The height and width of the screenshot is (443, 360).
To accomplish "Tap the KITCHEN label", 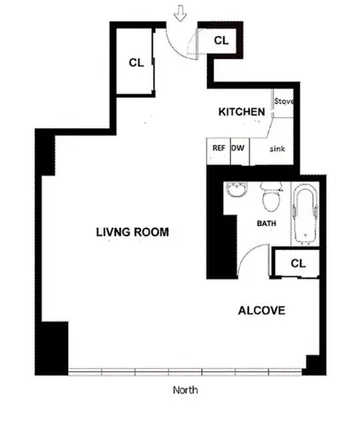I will pyautogui.click(x=242, y=112).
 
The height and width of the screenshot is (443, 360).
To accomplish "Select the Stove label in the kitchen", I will pyautogui.click(x=283, y=102).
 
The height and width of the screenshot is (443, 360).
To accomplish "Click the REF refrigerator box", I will pyautogui.click(x=219, y=148).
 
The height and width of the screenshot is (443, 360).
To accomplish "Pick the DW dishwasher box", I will pyautogui.click(x=237, y=148).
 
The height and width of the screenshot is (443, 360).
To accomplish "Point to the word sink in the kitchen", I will pyautogui.click(x=276, y=149).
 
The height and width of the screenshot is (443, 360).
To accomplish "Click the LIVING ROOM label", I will pyautogui.click(x=132, y=233).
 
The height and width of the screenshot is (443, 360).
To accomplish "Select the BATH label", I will pyautogui.click(x=267, y=223).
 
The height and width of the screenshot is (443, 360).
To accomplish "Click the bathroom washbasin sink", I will pyautogui.click(x=237, y=193).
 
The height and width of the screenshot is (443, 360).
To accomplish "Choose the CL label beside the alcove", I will pyautogui.click(x=297, y=263).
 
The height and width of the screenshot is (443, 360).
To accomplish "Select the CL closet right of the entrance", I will pyautogui.click(x=222, y=41).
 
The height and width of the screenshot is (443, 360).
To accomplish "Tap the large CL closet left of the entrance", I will pyautogui.click(x=136, y=63).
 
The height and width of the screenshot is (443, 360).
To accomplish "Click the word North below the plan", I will pyautogui.click(x=185, y=389).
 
